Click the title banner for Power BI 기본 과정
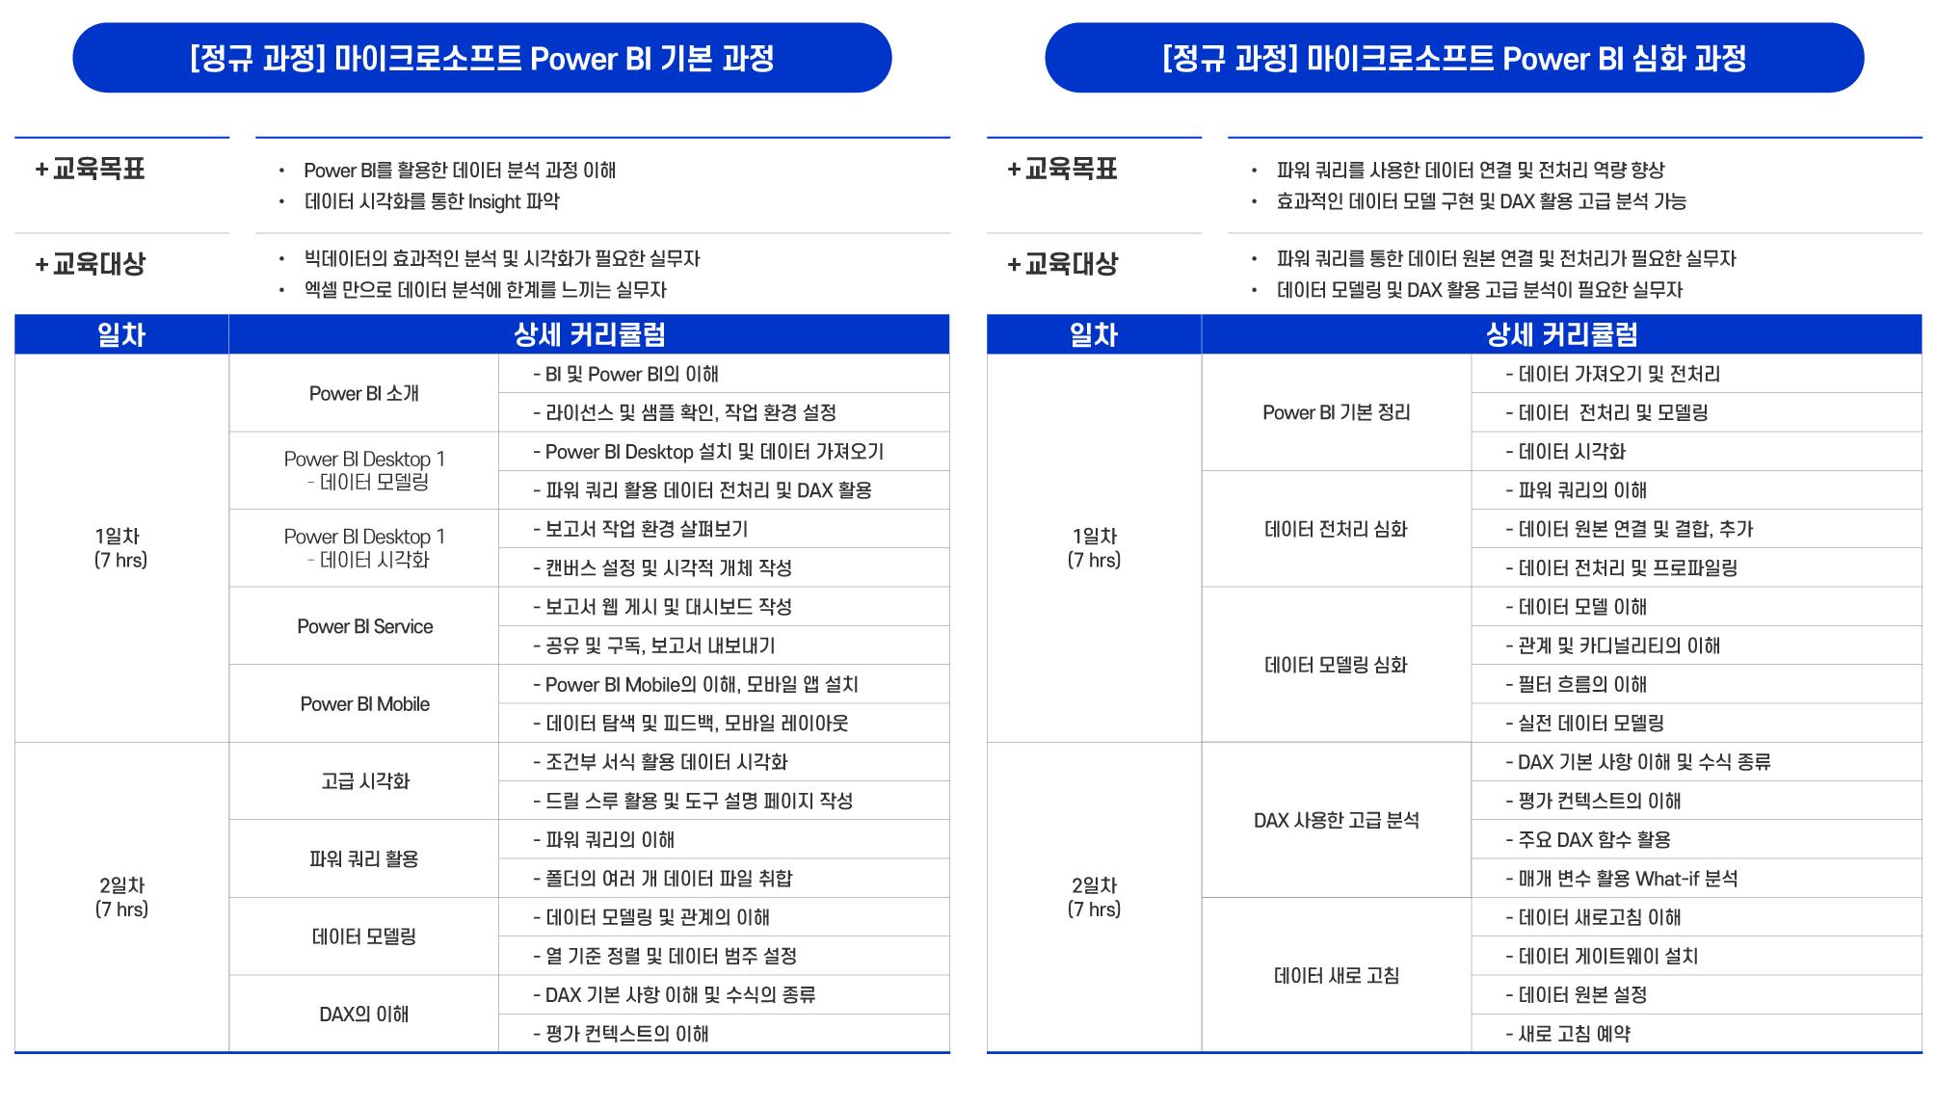point(482,58)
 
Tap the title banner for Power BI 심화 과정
point(1454,58)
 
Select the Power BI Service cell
point(364,626)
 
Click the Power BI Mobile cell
point(364,704)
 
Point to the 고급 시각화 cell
point(364,781)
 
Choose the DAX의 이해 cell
point(364,1014)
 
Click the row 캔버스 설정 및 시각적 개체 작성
point(724,567)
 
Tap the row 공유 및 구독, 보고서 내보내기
point(724,646)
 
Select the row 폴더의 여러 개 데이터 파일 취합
point(724,878)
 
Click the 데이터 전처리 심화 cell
point(1337,529)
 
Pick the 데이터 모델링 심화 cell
point(1337,665)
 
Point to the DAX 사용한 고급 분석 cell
point(1337,820)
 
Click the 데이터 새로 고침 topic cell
point(1337,975)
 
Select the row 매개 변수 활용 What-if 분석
point(1697,878)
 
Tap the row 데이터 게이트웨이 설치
point(1697,956)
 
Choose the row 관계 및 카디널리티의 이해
point(1697,646)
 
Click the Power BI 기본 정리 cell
point(1337,412)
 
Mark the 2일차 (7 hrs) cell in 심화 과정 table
point(1094,897)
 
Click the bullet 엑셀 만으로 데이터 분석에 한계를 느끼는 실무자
point(485,290)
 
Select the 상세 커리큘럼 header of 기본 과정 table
point(589,334)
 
